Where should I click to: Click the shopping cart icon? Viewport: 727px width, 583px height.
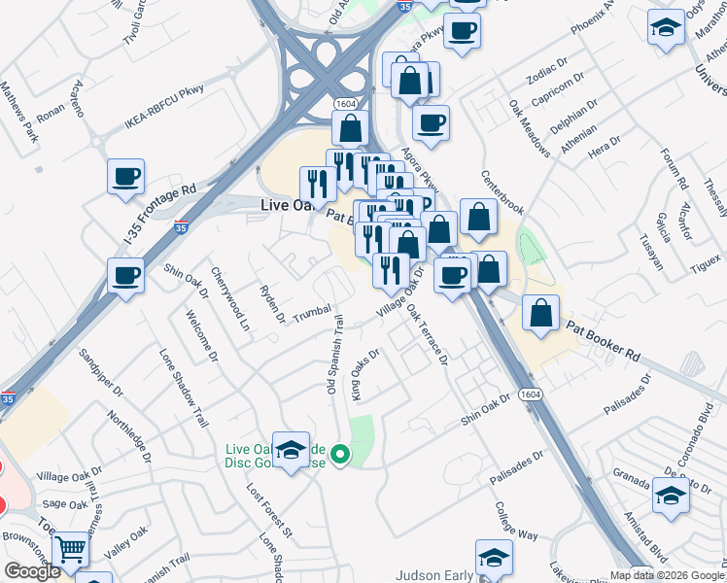[x=69, y=550]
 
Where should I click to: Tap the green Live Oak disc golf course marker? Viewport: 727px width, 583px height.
[x=340, y=454]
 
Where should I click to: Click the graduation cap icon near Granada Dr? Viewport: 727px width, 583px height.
[x=670, y=497]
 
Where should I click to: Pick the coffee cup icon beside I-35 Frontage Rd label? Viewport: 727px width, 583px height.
[x=125, y=178]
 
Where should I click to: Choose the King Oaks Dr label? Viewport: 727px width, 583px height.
[x=363, y=375]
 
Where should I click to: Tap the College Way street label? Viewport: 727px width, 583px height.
[x=515, y=522]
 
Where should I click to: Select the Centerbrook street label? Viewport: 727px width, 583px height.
[x=502, y=194]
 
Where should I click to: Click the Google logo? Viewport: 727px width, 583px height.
[x=32, y=571]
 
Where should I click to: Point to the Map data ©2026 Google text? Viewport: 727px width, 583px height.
[x=667, y=574]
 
